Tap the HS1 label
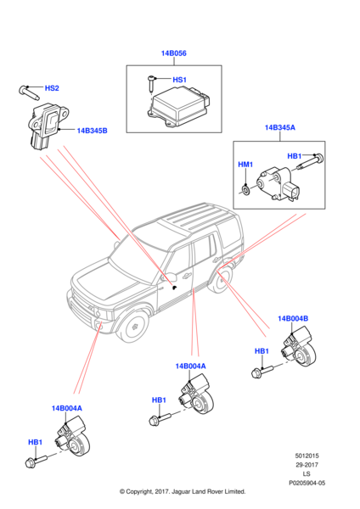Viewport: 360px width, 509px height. click(179, 81)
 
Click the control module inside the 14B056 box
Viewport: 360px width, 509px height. click(177, 106)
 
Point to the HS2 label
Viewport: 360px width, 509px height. click(51, 87)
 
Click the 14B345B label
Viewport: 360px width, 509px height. click(92, 131)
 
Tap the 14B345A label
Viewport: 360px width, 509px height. click(280, 127)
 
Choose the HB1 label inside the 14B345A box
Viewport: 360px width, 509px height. click(295, 156)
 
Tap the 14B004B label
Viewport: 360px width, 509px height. click(292, 318)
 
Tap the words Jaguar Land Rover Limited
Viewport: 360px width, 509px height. click(211, 491)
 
